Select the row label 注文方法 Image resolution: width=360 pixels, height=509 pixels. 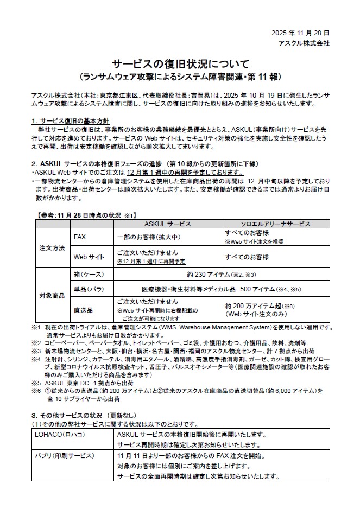53,247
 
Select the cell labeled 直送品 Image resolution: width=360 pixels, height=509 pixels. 83,310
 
